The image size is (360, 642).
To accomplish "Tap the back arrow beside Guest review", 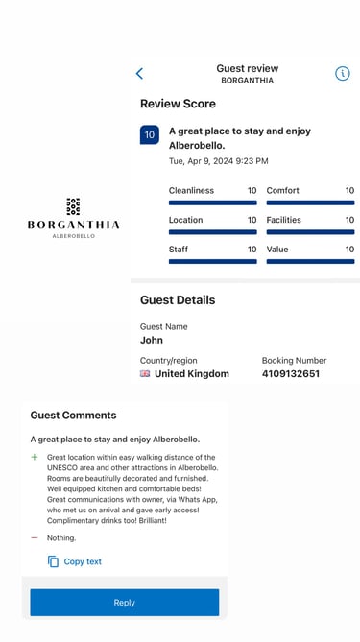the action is click(140, 74).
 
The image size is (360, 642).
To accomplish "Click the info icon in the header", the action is click(343, 74).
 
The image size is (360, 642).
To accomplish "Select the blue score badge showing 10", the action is click(150, 135).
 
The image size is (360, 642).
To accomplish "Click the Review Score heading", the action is click(178, 104).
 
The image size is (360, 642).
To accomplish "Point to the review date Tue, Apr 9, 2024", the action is click(218, 161).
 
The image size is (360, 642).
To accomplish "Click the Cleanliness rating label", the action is click(191, 191).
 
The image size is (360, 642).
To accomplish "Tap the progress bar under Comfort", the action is click(310, 202).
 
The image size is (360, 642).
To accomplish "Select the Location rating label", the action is click(185, 220).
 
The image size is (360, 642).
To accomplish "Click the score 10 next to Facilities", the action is click(349, 220).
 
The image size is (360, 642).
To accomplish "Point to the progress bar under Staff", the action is click(212, 261).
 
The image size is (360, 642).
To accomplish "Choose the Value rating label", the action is click(277, 250).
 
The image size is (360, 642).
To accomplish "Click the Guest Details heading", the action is click(178, 300).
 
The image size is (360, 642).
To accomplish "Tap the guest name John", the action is click(152, 340).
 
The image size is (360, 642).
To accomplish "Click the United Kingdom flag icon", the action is click(146, 374).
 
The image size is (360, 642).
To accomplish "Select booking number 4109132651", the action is click(291, 374).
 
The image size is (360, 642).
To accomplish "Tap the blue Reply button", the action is click(125, 603).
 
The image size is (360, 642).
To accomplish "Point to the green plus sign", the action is click(35, 458).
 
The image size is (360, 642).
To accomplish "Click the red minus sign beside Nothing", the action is click(35, 538).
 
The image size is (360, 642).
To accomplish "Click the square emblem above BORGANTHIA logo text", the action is click(73, 206).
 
